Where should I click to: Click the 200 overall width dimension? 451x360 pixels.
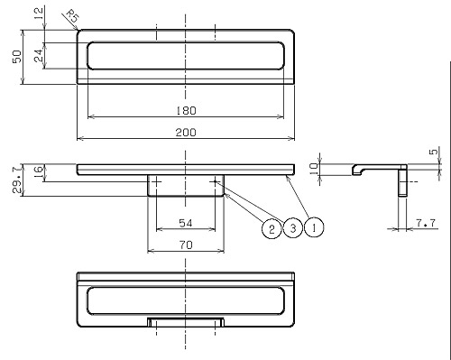186,133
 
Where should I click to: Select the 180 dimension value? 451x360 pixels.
186,111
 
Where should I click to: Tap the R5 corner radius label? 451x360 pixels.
72,16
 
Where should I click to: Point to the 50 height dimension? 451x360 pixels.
17,57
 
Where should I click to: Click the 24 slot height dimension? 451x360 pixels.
39,56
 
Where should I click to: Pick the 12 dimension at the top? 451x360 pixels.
39,14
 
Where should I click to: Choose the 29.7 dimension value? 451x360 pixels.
17,180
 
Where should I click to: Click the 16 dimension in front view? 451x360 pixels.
39,173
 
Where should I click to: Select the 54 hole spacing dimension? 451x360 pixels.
186,223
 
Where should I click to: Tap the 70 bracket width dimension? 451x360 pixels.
186,245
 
